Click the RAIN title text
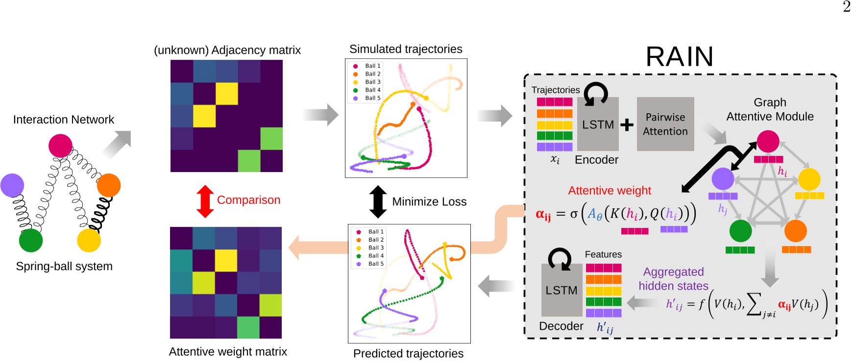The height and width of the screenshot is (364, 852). pos(679,57)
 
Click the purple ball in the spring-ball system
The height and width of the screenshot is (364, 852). pos(12,185)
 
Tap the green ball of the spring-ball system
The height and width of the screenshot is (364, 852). pos(31,240)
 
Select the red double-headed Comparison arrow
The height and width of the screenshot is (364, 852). pos(205,201)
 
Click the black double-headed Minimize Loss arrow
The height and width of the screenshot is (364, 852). pos(378,201)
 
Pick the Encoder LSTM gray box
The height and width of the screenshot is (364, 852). pos(598,124)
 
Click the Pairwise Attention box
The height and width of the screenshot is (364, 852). pos(665,124)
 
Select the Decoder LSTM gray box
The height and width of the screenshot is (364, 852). pos(561,290)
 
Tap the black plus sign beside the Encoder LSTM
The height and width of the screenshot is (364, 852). pos(627,125)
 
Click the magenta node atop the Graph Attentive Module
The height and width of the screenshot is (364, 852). pos(768,142)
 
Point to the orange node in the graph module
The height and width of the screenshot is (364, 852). pos(795,231)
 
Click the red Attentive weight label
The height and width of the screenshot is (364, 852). pos(609,191)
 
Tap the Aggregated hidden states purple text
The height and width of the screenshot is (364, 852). pos(673,279)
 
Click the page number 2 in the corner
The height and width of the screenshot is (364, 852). pos(846,7)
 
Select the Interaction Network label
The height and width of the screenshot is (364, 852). pos(63,120)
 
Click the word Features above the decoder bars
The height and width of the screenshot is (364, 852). pos(603,254)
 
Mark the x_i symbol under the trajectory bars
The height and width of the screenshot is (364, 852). pos(555,159)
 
